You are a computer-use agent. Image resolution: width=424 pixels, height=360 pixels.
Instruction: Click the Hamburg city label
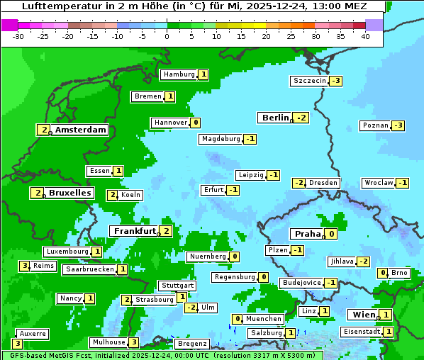click(x=179, y=74)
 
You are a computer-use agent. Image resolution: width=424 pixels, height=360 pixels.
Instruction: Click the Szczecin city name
click(x=310, y=81)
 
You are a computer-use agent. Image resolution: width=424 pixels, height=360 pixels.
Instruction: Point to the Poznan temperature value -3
click(x=398, y=125)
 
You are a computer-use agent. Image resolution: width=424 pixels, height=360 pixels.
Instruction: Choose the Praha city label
click(x=308, y=234)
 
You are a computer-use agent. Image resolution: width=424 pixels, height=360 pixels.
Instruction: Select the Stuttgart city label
click(x=177, y=286)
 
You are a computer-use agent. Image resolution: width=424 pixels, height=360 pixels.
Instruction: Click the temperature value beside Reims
click(x=24, y=266)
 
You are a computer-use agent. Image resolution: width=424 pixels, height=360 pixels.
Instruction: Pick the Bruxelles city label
click(x=70, y=193)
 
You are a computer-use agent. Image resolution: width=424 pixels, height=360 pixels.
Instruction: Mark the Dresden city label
click(x=323, y=183)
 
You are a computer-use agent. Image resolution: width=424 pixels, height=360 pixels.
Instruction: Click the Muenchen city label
click(x=264, y=319)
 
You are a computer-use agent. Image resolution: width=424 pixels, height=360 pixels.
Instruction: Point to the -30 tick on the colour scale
click(x=19, y=36)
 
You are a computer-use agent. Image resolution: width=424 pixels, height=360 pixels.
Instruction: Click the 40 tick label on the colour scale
click(x=365, y=36)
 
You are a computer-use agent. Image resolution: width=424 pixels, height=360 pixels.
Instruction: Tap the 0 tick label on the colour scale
click(x=167, y=36)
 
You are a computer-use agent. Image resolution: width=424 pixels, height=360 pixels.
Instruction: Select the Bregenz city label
click(x=191, y=344)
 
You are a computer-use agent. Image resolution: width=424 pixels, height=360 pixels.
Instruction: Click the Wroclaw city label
click(x=378, y=183)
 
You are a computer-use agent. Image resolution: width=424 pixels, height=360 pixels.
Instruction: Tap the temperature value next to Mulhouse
click(x=134, y=342)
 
